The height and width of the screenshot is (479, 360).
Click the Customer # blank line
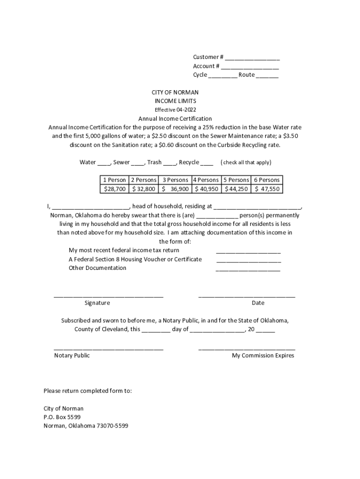click(252, 58)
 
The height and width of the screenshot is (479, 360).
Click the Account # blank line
click(250, 67)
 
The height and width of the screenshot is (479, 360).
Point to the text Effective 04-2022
click(175, 110)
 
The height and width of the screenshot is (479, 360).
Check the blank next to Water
click(104, 163)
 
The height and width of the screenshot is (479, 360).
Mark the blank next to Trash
click(170, 163)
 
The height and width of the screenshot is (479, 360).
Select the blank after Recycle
click(207, 163)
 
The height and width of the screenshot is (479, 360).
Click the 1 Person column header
click(114, 180)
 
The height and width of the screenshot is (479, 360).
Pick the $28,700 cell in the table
click(114, 189)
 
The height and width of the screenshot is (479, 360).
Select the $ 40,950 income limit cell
click(206, 189)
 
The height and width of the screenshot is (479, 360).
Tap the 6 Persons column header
click(267, 180)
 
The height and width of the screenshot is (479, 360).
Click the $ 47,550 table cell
click(267, 189)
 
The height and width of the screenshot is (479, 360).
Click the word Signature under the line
click(97, 303)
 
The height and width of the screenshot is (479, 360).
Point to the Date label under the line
click(258, 303)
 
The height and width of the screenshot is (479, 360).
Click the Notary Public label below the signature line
click(72, 356)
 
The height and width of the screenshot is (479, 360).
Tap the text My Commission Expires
click(263, 356)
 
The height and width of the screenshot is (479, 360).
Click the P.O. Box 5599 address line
click(62, 417)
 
